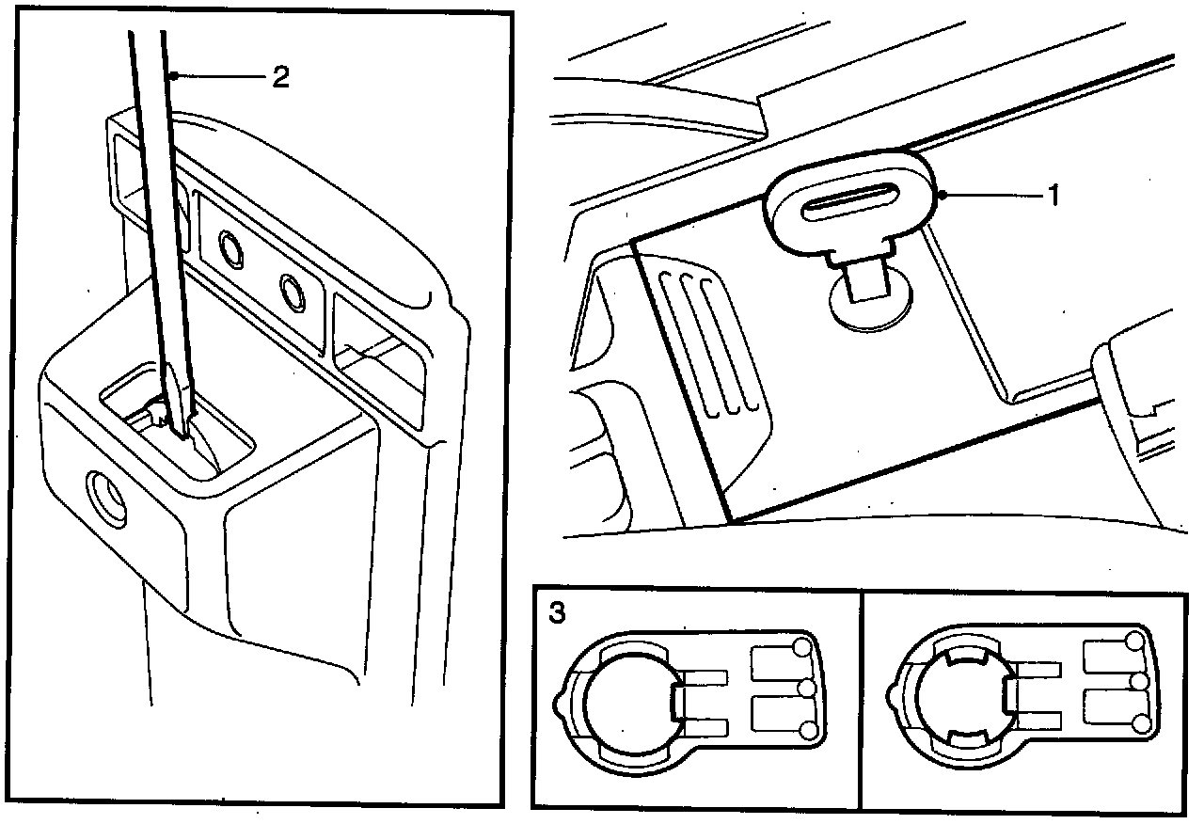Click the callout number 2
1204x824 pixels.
point(279,77)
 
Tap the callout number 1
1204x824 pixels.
point(1054,196)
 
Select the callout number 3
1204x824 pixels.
point(557,613)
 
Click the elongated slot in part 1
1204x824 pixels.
point(848,204)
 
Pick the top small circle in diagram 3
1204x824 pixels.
point(802,646)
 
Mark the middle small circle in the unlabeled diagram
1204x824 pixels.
point(1141,681)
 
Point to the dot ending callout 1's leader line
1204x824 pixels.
point(942,196)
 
